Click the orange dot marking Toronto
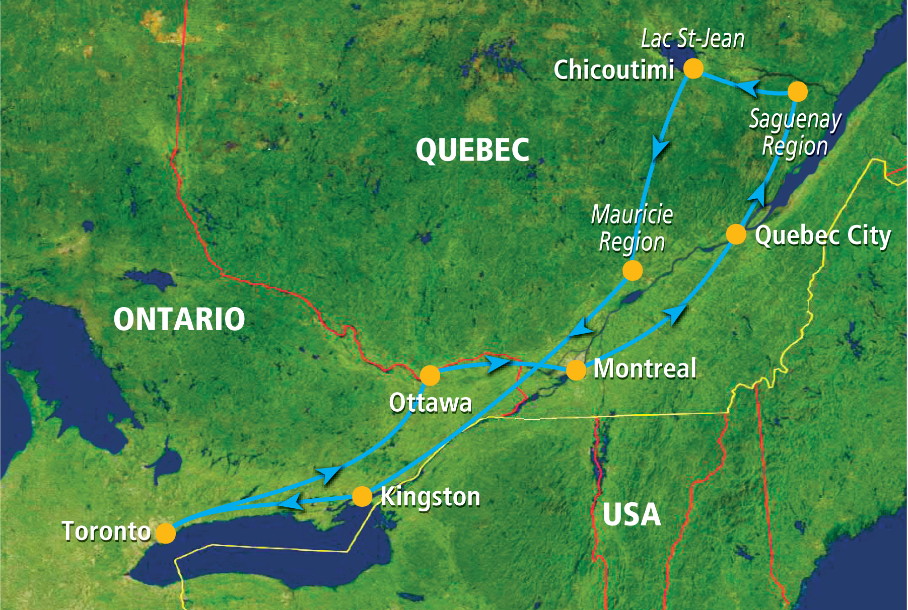point(166,533)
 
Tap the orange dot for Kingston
point(362,496)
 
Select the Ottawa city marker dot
point(430,375)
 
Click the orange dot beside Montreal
point(576,370)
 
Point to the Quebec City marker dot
point(736,235)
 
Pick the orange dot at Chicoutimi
point(693,68)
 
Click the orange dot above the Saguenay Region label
point(797,92)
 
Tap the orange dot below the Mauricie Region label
point(633,271)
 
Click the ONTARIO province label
point(179,319)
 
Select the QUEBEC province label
point(472,150)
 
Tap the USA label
point(632,514)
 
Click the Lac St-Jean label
point(692,39)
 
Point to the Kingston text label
point(431,497)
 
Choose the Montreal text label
point(645,368)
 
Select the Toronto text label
point(106,531)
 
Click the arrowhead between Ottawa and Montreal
point(499,363)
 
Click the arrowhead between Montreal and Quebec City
point(675,315)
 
